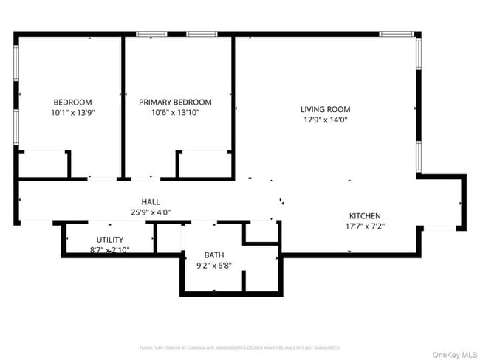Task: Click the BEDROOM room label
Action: coord(72,102)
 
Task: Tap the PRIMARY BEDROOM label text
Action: coord(175,102)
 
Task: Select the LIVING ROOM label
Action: coord(325,109)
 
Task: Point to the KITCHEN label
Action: coord(365,216)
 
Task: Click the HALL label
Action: coord(151,202)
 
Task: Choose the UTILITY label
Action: coord(109,240)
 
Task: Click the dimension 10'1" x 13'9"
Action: coord(72,113)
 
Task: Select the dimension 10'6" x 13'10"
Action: coord(175,113)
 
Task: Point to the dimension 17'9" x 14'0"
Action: coord(325,120)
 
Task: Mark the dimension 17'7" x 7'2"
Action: coord(365,226)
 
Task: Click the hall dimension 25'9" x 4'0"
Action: coord(151,212)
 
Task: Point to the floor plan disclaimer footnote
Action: coord(240,347)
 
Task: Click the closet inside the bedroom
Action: coord(43,165)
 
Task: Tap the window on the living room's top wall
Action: coord(399,34)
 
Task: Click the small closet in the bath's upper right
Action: coord(261,232)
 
